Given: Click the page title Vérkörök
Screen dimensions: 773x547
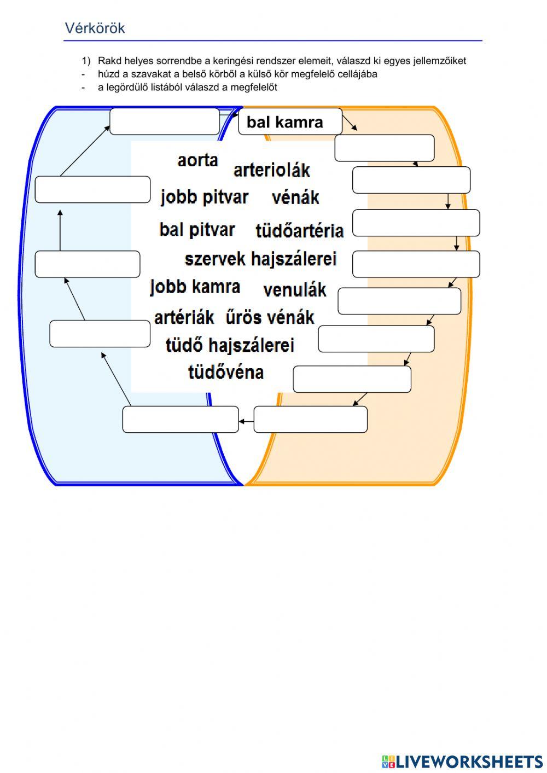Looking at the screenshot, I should pos(95,28).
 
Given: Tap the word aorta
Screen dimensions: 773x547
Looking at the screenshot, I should pos(197,160).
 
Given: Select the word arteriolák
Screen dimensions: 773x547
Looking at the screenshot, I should pos(271,170).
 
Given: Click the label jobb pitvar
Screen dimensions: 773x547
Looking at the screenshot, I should pos(205,197).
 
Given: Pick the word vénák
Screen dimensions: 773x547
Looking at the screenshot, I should pos(295,197).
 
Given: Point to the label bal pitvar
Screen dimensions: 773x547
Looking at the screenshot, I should pos(197,229).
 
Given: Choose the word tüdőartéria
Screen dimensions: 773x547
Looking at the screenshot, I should pos(299,231).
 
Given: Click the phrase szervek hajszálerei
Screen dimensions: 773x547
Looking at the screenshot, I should pos(260,259).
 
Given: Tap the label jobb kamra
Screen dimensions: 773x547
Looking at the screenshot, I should pos(195,287).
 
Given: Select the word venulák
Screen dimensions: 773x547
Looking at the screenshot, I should pos(294,290).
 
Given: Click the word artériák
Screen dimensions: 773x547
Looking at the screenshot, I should pos(184,317).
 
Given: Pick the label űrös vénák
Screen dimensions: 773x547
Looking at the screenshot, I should pos(270,317).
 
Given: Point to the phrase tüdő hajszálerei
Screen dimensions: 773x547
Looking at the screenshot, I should pos(230,345).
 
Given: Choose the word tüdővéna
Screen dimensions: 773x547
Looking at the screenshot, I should pos(226,372).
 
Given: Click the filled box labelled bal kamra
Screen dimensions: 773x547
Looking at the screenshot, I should pos(290,121).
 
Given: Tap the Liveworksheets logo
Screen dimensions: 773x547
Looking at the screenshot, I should pos(462,762).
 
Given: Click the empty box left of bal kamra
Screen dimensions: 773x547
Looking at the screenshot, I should pos(164,121).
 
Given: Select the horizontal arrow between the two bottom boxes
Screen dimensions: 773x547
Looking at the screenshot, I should pos(246,421).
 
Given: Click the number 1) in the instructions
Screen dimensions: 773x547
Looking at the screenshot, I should pos(85,61).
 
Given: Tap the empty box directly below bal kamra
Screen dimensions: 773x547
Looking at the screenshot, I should pos(384,148).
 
